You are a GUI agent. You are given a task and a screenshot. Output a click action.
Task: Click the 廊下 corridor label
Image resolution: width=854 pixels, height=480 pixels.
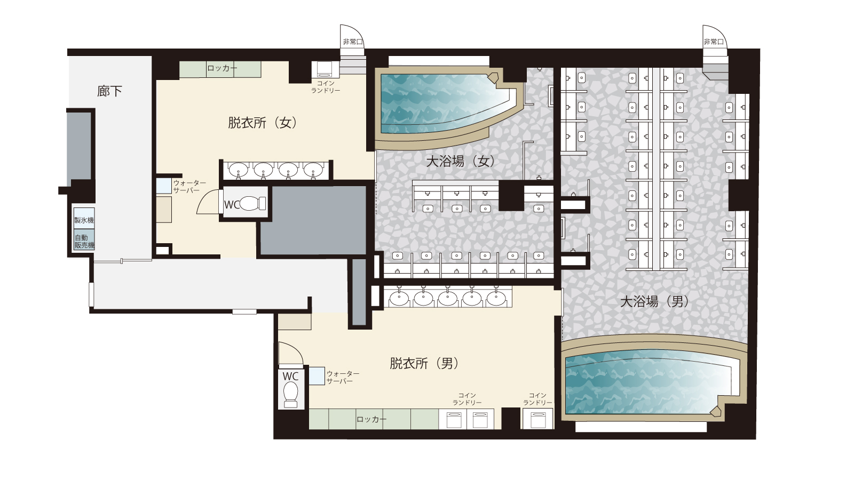coord(109,91)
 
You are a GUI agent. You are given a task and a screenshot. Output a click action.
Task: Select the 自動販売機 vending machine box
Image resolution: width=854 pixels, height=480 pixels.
coord(84,241)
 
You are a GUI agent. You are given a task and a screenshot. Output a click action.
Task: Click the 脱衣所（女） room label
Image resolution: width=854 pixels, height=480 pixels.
coord(262,123)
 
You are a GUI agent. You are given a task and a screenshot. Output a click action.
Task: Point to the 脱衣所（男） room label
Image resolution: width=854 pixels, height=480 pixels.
coord(424,363)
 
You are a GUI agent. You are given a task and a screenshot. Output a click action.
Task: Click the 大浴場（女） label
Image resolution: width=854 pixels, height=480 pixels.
coord(460,161)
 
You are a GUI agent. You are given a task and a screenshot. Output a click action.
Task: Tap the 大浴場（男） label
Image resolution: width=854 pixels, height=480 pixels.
coord(654,301)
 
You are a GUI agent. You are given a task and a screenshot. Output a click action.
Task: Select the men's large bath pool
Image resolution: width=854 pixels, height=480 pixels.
coord(646,381)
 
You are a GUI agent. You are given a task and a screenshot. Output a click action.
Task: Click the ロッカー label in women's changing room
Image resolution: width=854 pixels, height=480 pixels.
coord(222,69)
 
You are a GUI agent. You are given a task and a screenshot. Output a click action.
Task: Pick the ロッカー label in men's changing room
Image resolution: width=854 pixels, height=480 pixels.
coord(371,419)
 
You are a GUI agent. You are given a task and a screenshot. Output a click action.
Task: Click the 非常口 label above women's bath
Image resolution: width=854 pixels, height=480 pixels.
coord(352,42)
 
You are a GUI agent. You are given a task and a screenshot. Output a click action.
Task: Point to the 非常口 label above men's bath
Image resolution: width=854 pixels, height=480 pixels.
coord(713,42)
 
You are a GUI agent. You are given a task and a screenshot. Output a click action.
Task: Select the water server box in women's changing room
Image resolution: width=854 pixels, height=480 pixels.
coord(163,186)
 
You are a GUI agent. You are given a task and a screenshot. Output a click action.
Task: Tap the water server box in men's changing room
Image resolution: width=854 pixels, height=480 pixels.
coord(317,376)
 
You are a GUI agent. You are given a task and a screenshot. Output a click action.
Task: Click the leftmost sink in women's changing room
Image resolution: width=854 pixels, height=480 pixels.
coord(238,170)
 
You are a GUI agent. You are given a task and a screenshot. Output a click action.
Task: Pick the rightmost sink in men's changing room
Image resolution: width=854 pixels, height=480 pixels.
coord(496,298)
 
